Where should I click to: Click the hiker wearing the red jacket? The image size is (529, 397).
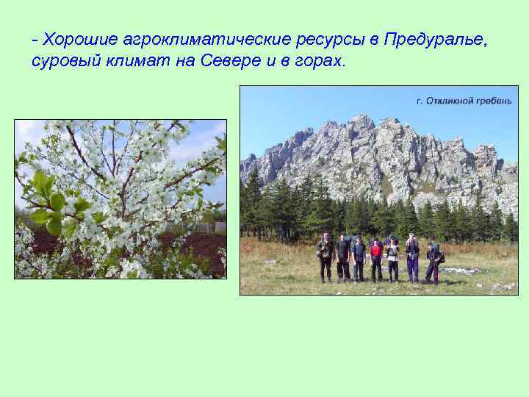376,258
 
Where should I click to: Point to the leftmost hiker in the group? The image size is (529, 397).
325,257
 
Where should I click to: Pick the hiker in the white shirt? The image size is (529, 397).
393,258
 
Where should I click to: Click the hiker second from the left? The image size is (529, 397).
343,257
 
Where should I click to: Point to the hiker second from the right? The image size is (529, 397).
413,257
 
